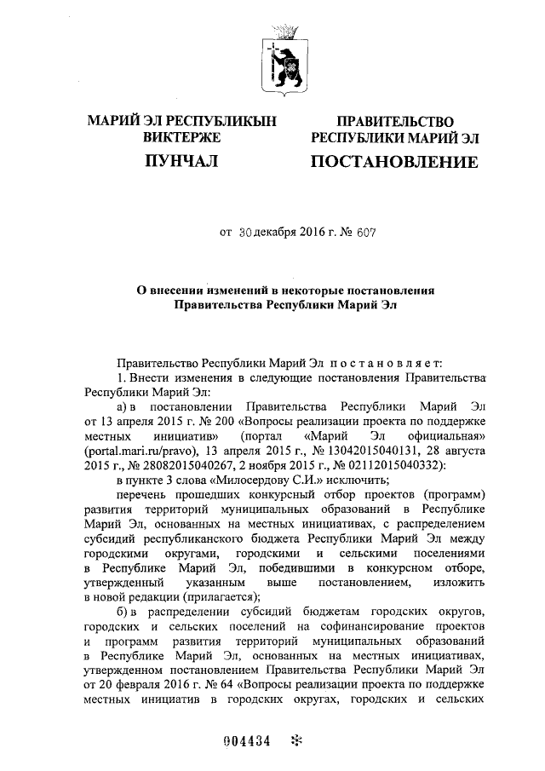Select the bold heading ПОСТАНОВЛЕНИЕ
393,161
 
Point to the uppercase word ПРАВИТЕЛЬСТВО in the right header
393,123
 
